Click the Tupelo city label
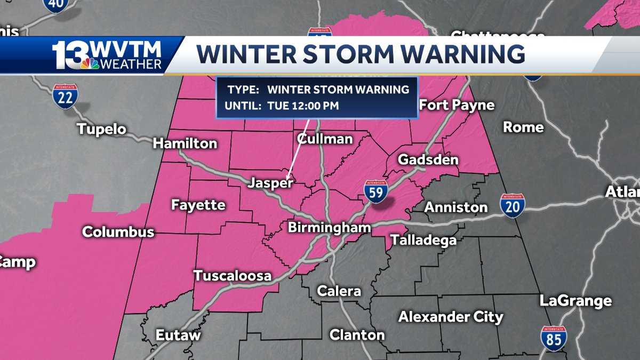101,129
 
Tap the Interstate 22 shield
66,96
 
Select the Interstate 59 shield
376,191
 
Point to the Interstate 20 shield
512,205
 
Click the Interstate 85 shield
553,339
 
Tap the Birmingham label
329,228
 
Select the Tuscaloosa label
232,276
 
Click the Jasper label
270,183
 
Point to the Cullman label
325,139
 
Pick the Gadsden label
428,159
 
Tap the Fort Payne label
457,105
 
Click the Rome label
523,127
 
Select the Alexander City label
451,317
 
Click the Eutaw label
178,335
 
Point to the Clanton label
357,335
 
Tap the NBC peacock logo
90,63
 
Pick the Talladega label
423,240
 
